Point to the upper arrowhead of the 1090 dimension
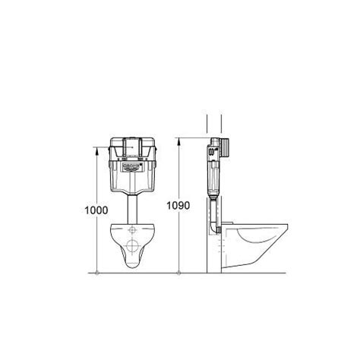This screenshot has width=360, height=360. [x=178, y=141]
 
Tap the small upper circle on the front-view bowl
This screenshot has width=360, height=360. [x=132, y=231]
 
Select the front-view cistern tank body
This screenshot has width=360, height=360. [x=132, y=175]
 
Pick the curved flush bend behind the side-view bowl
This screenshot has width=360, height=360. [x=210, y=228]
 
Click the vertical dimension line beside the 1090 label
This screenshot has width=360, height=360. [x=178, y=228]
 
